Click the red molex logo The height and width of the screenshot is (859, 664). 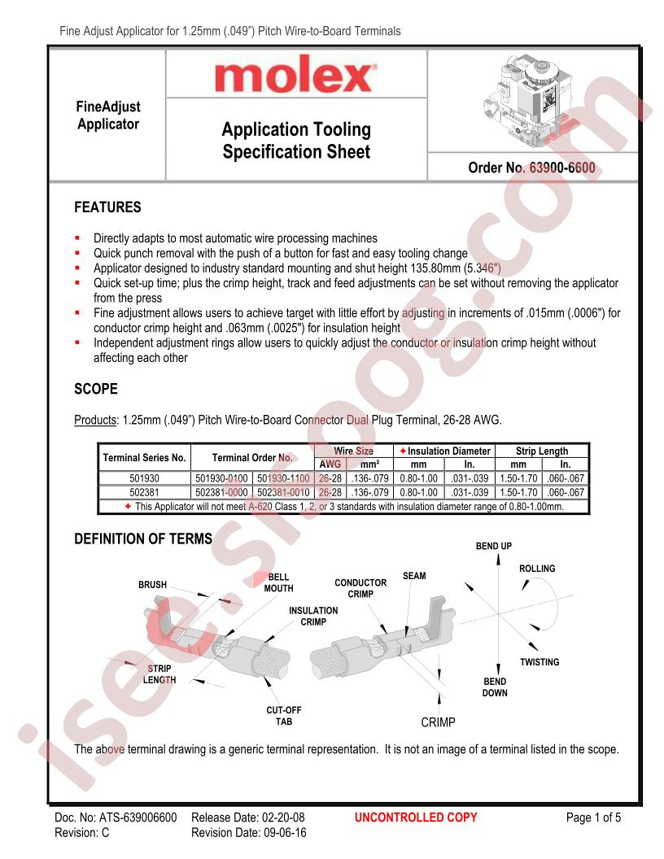(295, 78)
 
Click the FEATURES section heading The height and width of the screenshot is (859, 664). (107, 207)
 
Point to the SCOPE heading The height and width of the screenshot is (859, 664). (96, 389)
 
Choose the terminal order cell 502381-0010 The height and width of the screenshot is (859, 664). (283, 492)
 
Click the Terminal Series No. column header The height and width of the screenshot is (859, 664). (145, 457)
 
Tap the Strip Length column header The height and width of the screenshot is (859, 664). (542, 451)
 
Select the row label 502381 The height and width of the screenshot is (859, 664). (145, 492)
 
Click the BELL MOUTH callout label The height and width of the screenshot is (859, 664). (278, 582)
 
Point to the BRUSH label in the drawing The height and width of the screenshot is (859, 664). (152, 585)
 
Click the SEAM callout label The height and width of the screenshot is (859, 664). (414, 576)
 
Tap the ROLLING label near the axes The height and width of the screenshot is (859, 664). (537, 569)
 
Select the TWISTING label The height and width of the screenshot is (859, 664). (539, 662)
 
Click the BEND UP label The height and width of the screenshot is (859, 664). (494, 546)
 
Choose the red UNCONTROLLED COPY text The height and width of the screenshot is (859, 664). (416, 818)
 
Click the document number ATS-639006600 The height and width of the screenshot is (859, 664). (115, 818)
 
